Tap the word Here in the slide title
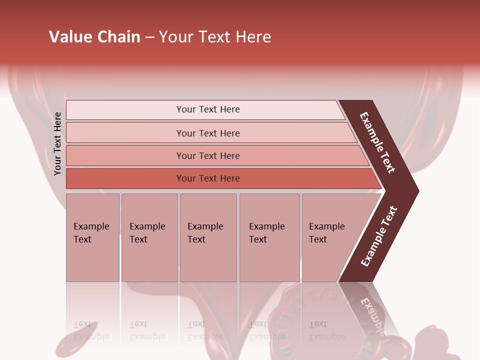pos(253,37)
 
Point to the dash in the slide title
pos(149,37)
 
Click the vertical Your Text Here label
pos(57,143)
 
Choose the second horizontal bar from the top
pos(208,133)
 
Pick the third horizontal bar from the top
pos(208,155)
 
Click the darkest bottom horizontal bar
pos(208,178)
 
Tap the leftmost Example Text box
pos(92,237)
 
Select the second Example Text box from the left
pos(149,237)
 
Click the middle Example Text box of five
pos(208,237)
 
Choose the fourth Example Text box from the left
pos(269,237)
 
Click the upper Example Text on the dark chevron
pos(378,143)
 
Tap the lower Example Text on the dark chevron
pos(379,236)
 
